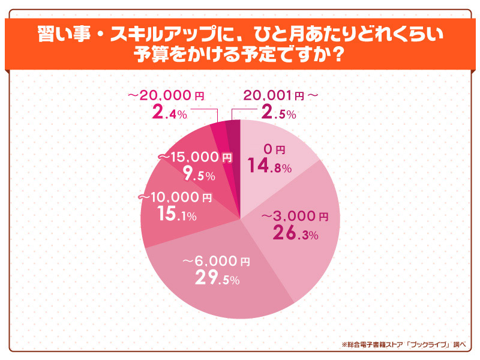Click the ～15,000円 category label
coord(195,158)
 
